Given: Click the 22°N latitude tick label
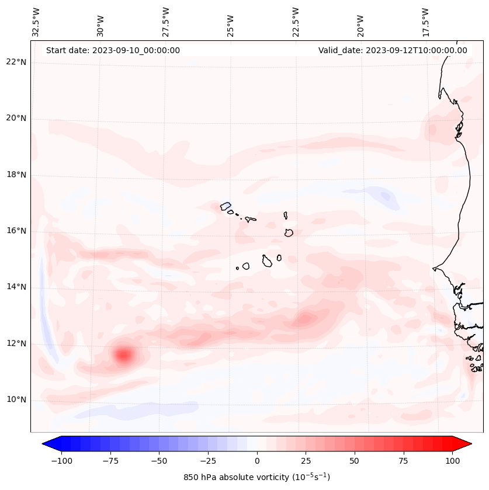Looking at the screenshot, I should tap(17, 62).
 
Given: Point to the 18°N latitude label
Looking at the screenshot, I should tap(17, 175).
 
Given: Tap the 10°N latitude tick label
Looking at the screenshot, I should tap(17, 400).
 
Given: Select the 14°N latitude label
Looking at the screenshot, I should tap(17, 287).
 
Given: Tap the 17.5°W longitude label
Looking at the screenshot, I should tap(425, 22).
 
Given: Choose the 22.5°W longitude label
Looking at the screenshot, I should tap(296, 22).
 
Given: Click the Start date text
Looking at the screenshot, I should tap(113, 50).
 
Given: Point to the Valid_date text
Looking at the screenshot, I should tap(393, 50).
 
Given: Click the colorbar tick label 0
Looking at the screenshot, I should tap(257, 461).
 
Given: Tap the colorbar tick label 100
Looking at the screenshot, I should tap(452, 461).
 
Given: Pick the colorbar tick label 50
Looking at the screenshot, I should tap(355, 461).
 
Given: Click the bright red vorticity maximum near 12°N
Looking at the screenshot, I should tap(123, 355).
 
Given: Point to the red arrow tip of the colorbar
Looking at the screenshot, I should tap(469, 444).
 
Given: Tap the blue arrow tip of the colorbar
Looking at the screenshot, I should tap(44, 444).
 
